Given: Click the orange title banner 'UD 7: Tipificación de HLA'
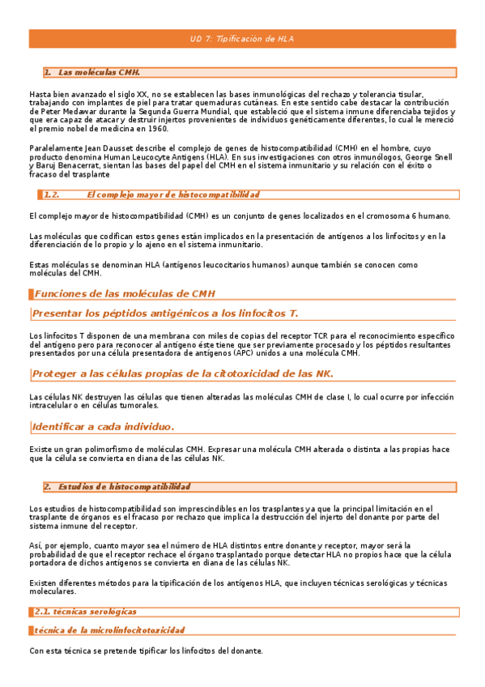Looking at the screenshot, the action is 242,38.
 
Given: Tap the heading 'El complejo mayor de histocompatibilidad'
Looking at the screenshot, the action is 172,195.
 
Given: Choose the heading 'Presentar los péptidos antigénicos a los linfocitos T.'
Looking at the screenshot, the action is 165,313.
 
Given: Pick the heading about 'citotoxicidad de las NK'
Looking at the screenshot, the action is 182,373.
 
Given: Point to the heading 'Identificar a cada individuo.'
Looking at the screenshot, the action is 103,426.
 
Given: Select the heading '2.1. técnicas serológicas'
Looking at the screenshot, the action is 84,611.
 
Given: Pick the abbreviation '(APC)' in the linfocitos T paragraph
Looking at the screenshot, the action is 245,353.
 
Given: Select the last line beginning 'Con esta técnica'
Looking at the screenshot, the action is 146,651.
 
